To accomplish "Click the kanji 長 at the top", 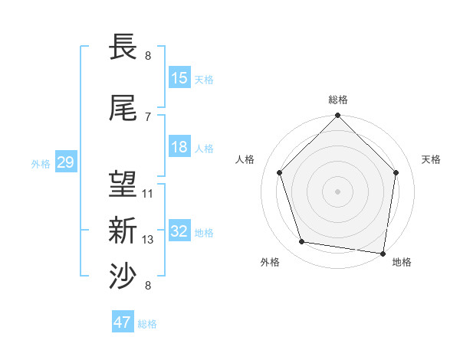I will click(123, 47).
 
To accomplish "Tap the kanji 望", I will click(123, 184).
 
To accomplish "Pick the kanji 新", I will click(123, 230).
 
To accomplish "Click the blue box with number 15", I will click(179, 78).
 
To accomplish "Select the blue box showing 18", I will click(179, 147).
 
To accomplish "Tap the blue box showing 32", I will click(179, 231).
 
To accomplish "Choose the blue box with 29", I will click(65, 162).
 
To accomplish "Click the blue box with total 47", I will click(123, 322).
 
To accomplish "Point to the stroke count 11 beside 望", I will click(148, 194).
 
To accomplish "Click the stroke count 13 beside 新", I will click(148, 240).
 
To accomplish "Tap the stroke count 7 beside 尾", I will click(148, 116).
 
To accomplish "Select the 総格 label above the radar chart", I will click(338, 100).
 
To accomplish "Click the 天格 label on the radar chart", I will click(431, 159).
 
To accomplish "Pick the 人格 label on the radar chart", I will click(245, 159).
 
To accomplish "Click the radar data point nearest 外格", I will click(302, 242).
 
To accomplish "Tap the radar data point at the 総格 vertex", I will click(338, 116).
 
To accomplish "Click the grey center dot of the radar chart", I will click(338, 191).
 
